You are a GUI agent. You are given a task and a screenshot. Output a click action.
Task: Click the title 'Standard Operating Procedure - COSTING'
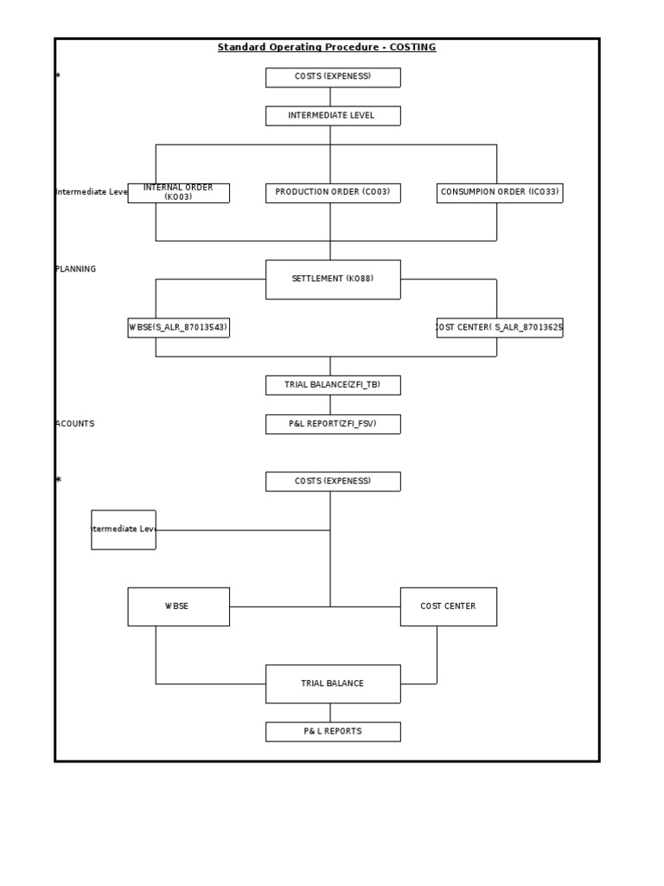pyautogui.click(x=327, y=48)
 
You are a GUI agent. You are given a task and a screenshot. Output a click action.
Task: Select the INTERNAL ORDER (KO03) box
pyautogui.click(x=178, y=193)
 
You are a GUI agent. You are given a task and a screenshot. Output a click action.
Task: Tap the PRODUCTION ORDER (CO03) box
pyautogui.click(x=333, y=193)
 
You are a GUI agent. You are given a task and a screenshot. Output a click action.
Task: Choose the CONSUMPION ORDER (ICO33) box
pyautogui.click(x=500, y=193)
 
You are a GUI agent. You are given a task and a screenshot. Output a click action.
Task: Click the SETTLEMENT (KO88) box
pyautogui.click(x=333, y=279)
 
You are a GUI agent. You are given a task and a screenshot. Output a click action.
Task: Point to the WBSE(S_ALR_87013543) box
pyautogui.click(x=178, y=328)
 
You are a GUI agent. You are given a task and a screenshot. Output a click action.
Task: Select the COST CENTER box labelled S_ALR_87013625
pyautogui.click(x=500, y=328)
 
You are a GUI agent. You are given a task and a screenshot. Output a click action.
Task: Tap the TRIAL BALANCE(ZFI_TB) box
pyautogui.click(x=333, y=385)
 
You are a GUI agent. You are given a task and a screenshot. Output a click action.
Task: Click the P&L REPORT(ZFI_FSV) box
pyautogui.click(x=333, y=424)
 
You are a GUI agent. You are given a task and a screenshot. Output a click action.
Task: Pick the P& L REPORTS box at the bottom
pyautogui.click(x=333, y=732)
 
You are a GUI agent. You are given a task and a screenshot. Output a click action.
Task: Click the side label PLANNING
pyautogui.click(x=76, y=269)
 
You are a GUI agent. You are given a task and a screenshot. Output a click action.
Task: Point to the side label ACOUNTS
pyautogui.click(x=75, y=424)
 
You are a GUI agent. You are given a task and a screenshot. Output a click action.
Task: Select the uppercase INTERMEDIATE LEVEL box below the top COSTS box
pyautogui.click(x=333, y=116)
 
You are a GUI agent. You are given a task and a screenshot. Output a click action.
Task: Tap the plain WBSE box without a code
pyautogui.click(x=178, y=607)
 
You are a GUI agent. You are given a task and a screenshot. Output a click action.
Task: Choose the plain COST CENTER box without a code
pyautogui.click(x=448, y=607)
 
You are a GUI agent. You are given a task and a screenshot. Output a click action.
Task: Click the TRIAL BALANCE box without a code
pyautogui.click(x=333, y=684)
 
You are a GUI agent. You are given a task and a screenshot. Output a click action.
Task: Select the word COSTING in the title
pyautogui.click(x=413, y=48)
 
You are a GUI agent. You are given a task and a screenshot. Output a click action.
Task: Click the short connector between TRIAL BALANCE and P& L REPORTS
pyautogui.click(x=330, y=713)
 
